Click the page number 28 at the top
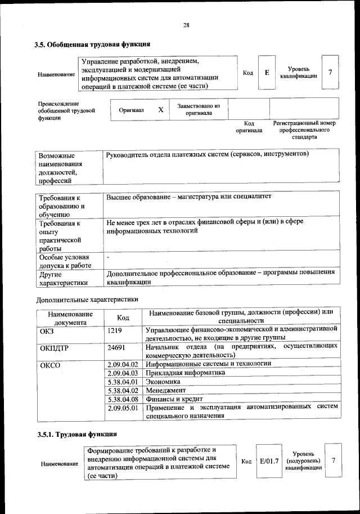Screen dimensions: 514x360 point(186,24)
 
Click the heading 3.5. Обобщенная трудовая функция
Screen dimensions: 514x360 point(92,44)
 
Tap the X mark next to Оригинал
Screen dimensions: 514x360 point(160,110)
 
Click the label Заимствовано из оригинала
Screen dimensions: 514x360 point(199,109)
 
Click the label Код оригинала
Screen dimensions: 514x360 point(249,127)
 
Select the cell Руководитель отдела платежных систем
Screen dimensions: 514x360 point(207,154)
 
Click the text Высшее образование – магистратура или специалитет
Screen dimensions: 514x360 point(188,198)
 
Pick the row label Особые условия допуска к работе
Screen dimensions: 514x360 point(66,261)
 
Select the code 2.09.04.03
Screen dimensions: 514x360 point(123,373)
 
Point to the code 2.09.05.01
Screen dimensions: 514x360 point(123,407)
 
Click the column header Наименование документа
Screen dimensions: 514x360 point(70,318)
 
